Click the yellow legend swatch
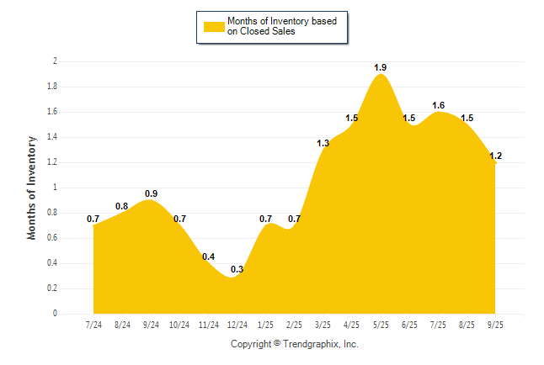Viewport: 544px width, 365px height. tap(214, 26)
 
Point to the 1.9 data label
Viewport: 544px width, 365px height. tap(381, 67)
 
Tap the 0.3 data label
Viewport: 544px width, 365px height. tap(237, 269)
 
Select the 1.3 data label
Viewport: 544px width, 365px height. tap(323, 143)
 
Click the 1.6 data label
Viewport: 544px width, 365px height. tap(438, 105)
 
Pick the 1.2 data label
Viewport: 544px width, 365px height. tap(495, 156)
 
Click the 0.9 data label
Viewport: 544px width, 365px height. tap(151, 193)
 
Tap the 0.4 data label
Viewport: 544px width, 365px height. tap(208, 257)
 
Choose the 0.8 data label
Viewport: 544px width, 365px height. tap(122, 206)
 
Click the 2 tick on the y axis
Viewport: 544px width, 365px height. tap(55, 61)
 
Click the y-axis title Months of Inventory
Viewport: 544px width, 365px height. tap(32, 188)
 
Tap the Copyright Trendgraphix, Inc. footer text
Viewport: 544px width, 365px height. tap(295, 344)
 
